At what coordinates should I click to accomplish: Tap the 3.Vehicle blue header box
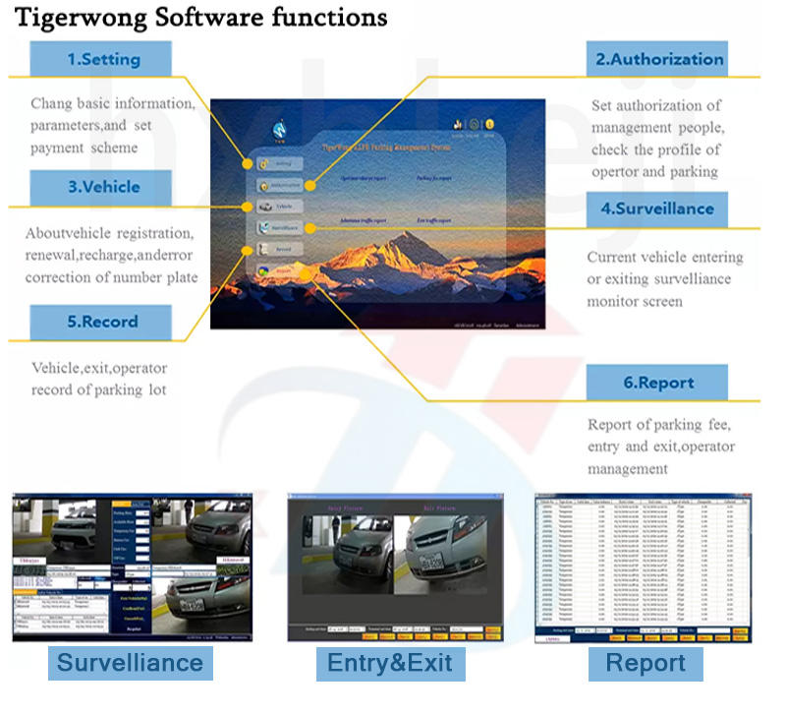(x=103, y=187)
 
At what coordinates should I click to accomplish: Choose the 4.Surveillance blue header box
(x=657, y=209)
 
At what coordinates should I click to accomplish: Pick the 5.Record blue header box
(x=102, y=322)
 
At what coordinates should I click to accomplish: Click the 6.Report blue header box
(x=657, y=383)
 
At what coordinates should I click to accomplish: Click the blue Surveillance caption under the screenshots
(x=130, y=662)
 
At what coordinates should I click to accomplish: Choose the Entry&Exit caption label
(x=390, y=662)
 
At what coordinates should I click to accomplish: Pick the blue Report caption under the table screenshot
(x=645, y=662)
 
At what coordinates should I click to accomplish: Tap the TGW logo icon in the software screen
(x=279, y=128)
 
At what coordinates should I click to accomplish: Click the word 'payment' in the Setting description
(x=61, y=148)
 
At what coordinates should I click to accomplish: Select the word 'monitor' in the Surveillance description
(x=621, y=301)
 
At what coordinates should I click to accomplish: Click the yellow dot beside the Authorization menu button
(x=310, y=185)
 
